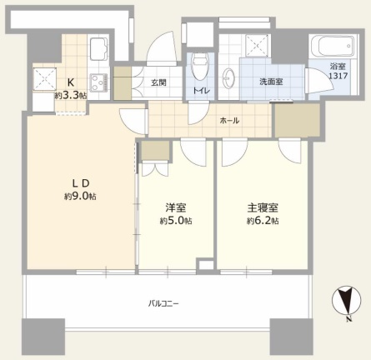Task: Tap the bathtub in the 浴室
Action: pyautogui.click(x=333, y=47)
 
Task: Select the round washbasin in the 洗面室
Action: pyautogui.click(x=228, y=77)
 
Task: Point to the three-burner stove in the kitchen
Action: pyautogui.click(x=99, y=82)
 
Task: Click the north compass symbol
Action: pyautogui.click(x=347, y=301)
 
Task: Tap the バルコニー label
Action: pyautogui.click(x=163, y=303)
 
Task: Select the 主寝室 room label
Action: pyautogui.click(x=263, y=207)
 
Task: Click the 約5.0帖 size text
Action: pyautogui.click(x=176, y=221)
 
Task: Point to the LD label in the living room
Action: pyautogui.click(x=81, y=183)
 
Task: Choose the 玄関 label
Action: pyautogui.click(x=158, y=82)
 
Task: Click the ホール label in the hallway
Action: pyautogui.click(x=229, y=121)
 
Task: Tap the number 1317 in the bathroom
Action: pyautogui.click(x=338, y=76)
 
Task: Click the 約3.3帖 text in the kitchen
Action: pyautogui.click(x=71, y=96)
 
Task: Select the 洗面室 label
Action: pyautogui.click(x=271, y=82)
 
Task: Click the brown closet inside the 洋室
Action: pyautogui.click(x=155, y=151)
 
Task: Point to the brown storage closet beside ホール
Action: pyautogui.click(x=298, y=120)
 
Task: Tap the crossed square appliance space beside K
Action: pyautogui.click(x=45, y=79)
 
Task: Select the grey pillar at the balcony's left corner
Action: pyautogui.click(x=43, y=335)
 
